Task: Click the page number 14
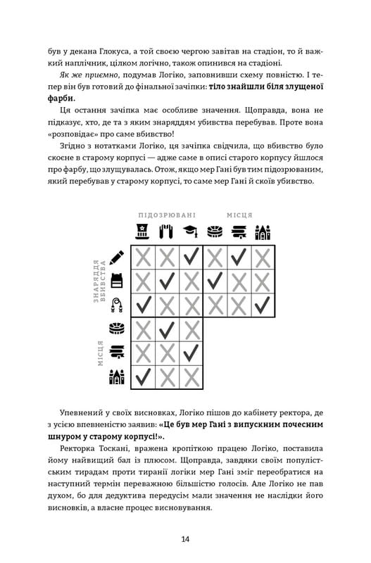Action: point(185,540)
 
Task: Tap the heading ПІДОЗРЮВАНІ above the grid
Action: point(167,215)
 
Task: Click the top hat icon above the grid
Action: point(143,232)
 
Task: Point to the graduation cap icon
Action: point(191,232)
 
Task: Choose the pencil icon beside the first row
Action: point(117,258)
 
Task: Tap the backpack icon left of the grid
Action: point(117,281)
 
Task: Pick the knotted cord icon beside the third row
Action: point(117,305)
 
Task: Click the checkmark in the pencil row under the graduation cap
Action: point(191,258)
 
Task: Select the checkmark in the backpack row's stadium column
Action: point(215,281)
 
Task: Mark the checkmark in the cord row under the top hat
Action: point(143,305)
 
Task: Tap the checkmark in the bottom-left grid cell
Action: point(143,377)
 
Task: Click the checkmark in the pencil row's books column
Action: point(239,258)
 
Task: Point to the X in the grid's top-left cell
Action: point(143,258)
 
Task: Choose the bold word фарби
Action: point(62,99)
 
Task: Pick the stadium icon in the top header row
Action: point(215,232)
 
